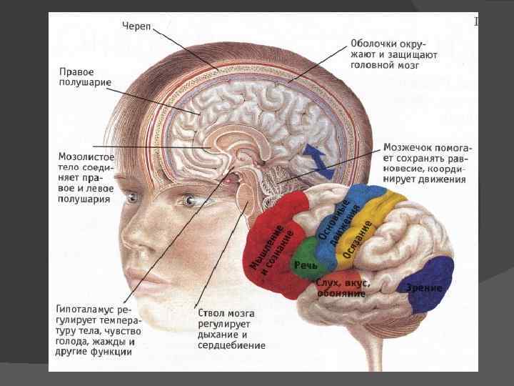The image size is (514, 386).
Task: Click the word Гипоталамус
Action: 83,310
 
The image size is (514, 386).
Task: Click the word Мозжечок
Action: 408,148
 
